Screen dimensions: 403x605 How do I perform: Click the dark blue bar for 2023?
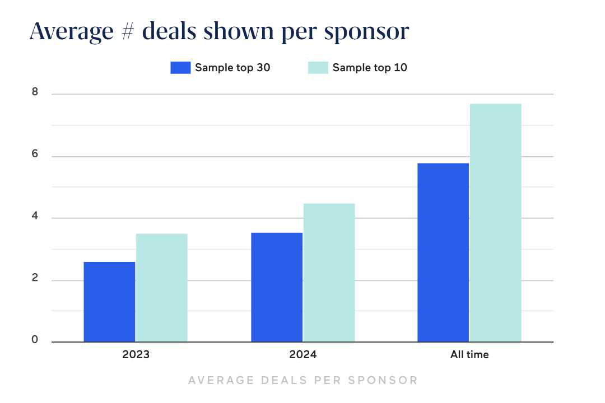point(109,302)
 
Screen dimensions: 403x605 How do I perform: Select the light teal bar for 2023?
point(162,288)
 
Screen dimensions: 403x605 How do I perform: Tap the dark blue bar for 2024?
point(277,287)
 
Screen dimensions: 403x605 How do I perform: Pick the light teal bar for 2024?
point(329,273)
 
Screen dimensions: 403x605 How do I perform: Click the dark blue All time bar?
point(443,252)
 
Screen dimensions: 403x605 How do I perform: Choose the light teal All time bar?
point(496,223)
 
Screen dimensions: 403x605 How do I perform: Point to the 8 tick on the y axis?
point(35,93)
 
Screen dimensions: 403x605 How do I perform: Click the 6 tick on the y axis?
point(35,155)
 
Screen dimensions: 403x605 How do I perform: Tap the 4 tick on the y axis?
point(35,217)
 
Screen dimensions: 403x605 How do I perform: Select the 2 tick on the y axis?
point(35,279)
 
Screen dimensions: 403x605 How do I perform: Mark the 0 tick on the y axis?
point(35,340)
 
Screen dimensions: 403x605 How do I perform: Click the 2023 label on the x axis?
point(136,354)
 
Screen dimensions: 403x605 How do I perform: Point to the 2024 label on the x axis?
point(302,354)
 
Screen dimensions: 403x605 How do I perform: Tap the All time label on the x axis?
point(469,354)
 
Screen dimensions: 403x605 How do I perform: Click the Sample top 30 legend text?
point(232,68)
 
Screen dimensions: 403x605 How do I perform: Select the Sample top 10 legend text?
point(370,68)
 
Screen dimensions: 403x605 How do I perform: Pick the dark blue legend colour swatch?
point(180,68)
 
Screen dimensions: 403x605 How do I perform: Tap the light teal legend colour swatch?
point(318,68)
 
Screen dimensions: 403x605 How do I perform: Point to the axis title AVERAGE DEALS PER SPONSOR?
point(302,381)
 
